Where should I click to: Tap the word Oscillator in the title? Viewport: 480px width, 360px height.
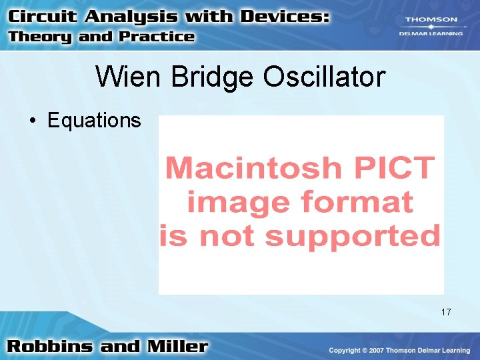point(324,77)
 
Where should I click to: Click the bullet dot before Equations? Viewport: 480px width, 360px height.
point(31,121)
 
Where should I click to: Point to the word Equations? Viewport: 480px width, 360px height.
point(94,121)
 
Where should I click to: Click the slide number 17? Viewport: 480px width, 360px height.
point(446,312)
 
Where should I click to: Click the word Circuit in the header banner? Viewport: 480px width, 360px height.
point(43,17)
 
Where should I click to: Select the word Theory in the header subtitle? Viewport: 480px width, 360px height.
point(41,37)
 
